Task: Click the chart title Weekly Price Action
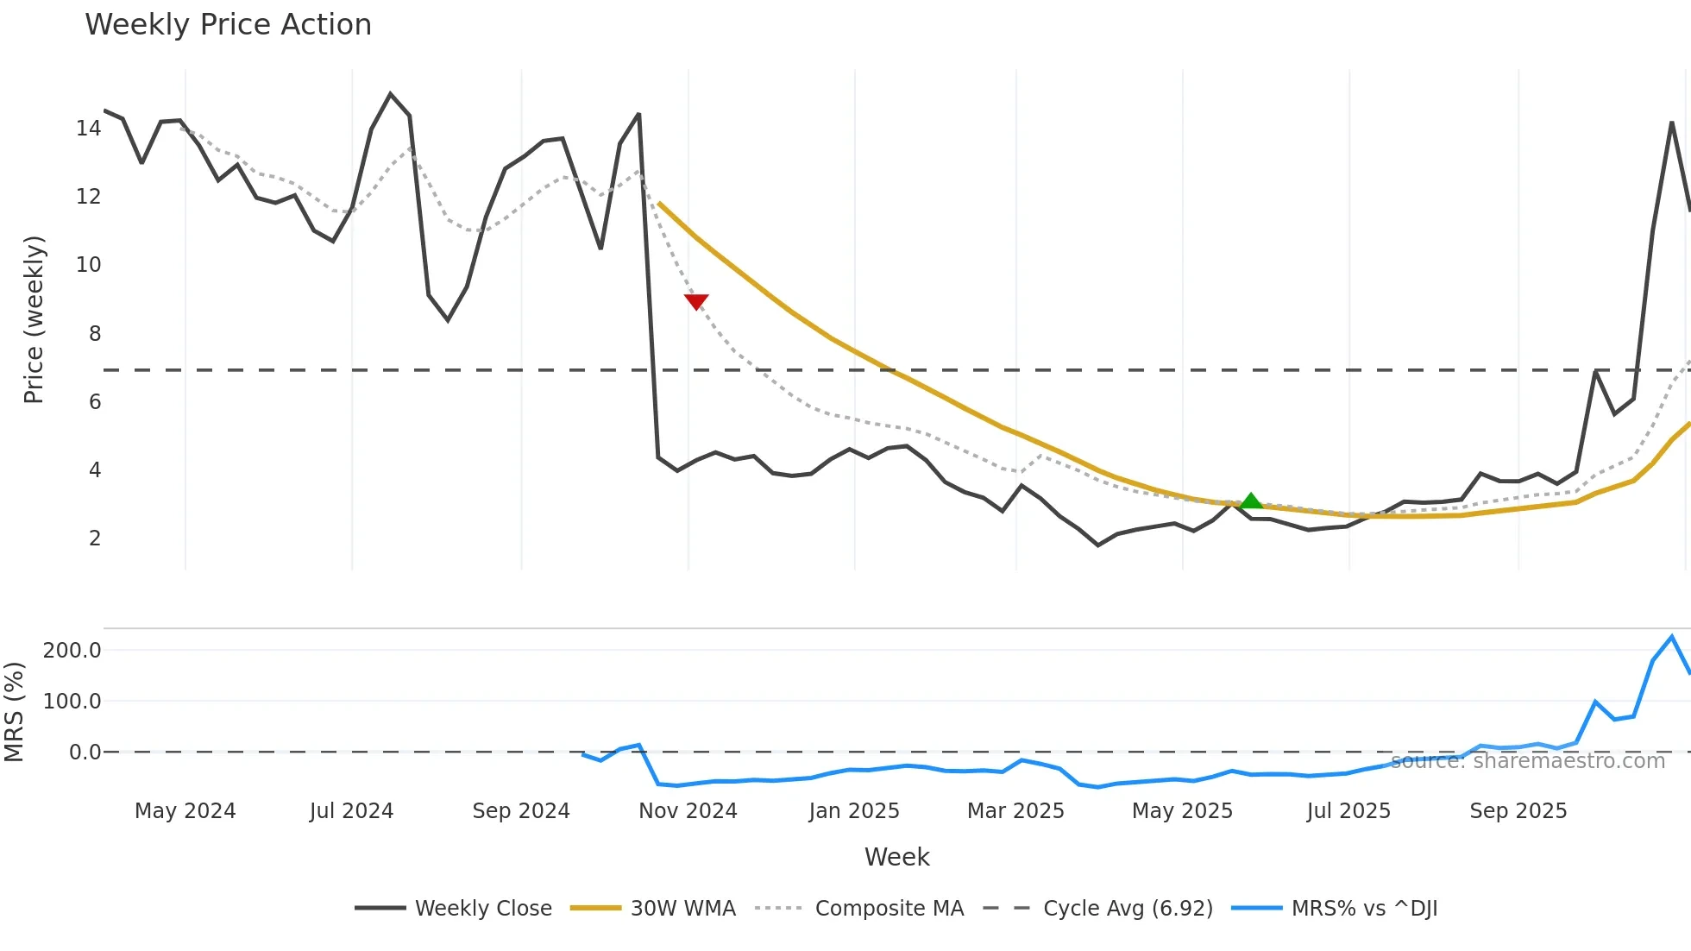(x=228, y=25)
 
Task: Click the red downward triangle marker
(x=696, y=301)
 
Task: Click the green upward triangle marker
(x=1251, y=501)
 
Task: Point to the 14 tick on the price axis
(x=88, y=129)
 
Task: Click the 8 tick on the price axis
(x=94, y=334)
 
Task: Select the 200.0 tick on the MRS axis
(x=72, y=651)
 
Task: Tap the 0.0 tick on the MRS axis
(x=85, y=753)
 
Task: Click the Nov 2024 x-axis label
(x=688, y=811)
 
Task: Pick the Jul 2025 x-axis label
(x=1348, y=811)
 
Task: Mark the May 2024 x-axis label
(x=185, y=811)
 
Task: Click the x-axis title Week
(x=896, y=857)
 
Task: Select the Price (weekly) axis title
(x=34, y=319)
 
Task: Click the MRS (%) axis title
(x=14, y=712)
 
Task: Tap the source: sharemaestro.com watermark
(x=1527, y=761)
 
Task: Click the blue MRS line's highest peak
(x=1672, y=637)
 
